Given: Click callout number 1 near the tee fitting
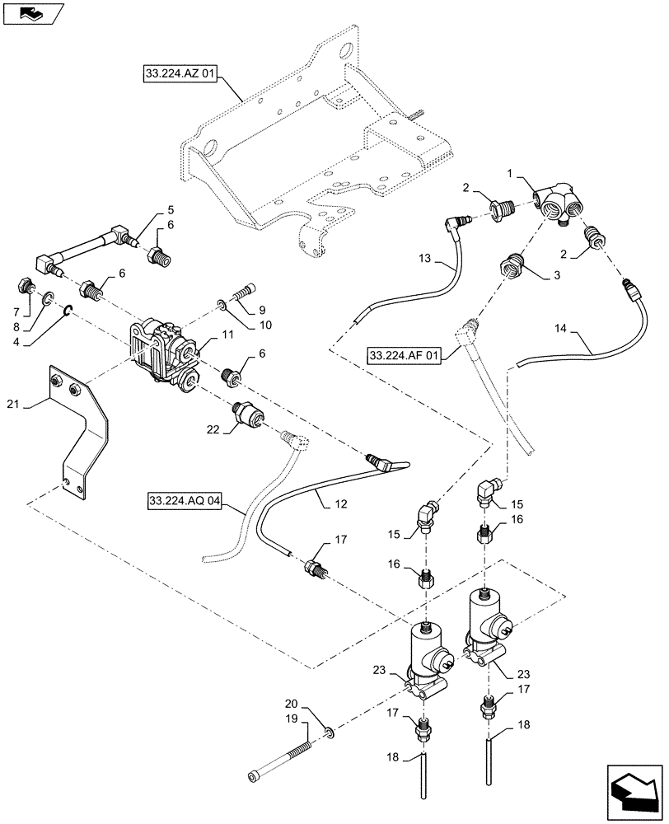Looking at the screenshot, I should coord(512,176).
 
